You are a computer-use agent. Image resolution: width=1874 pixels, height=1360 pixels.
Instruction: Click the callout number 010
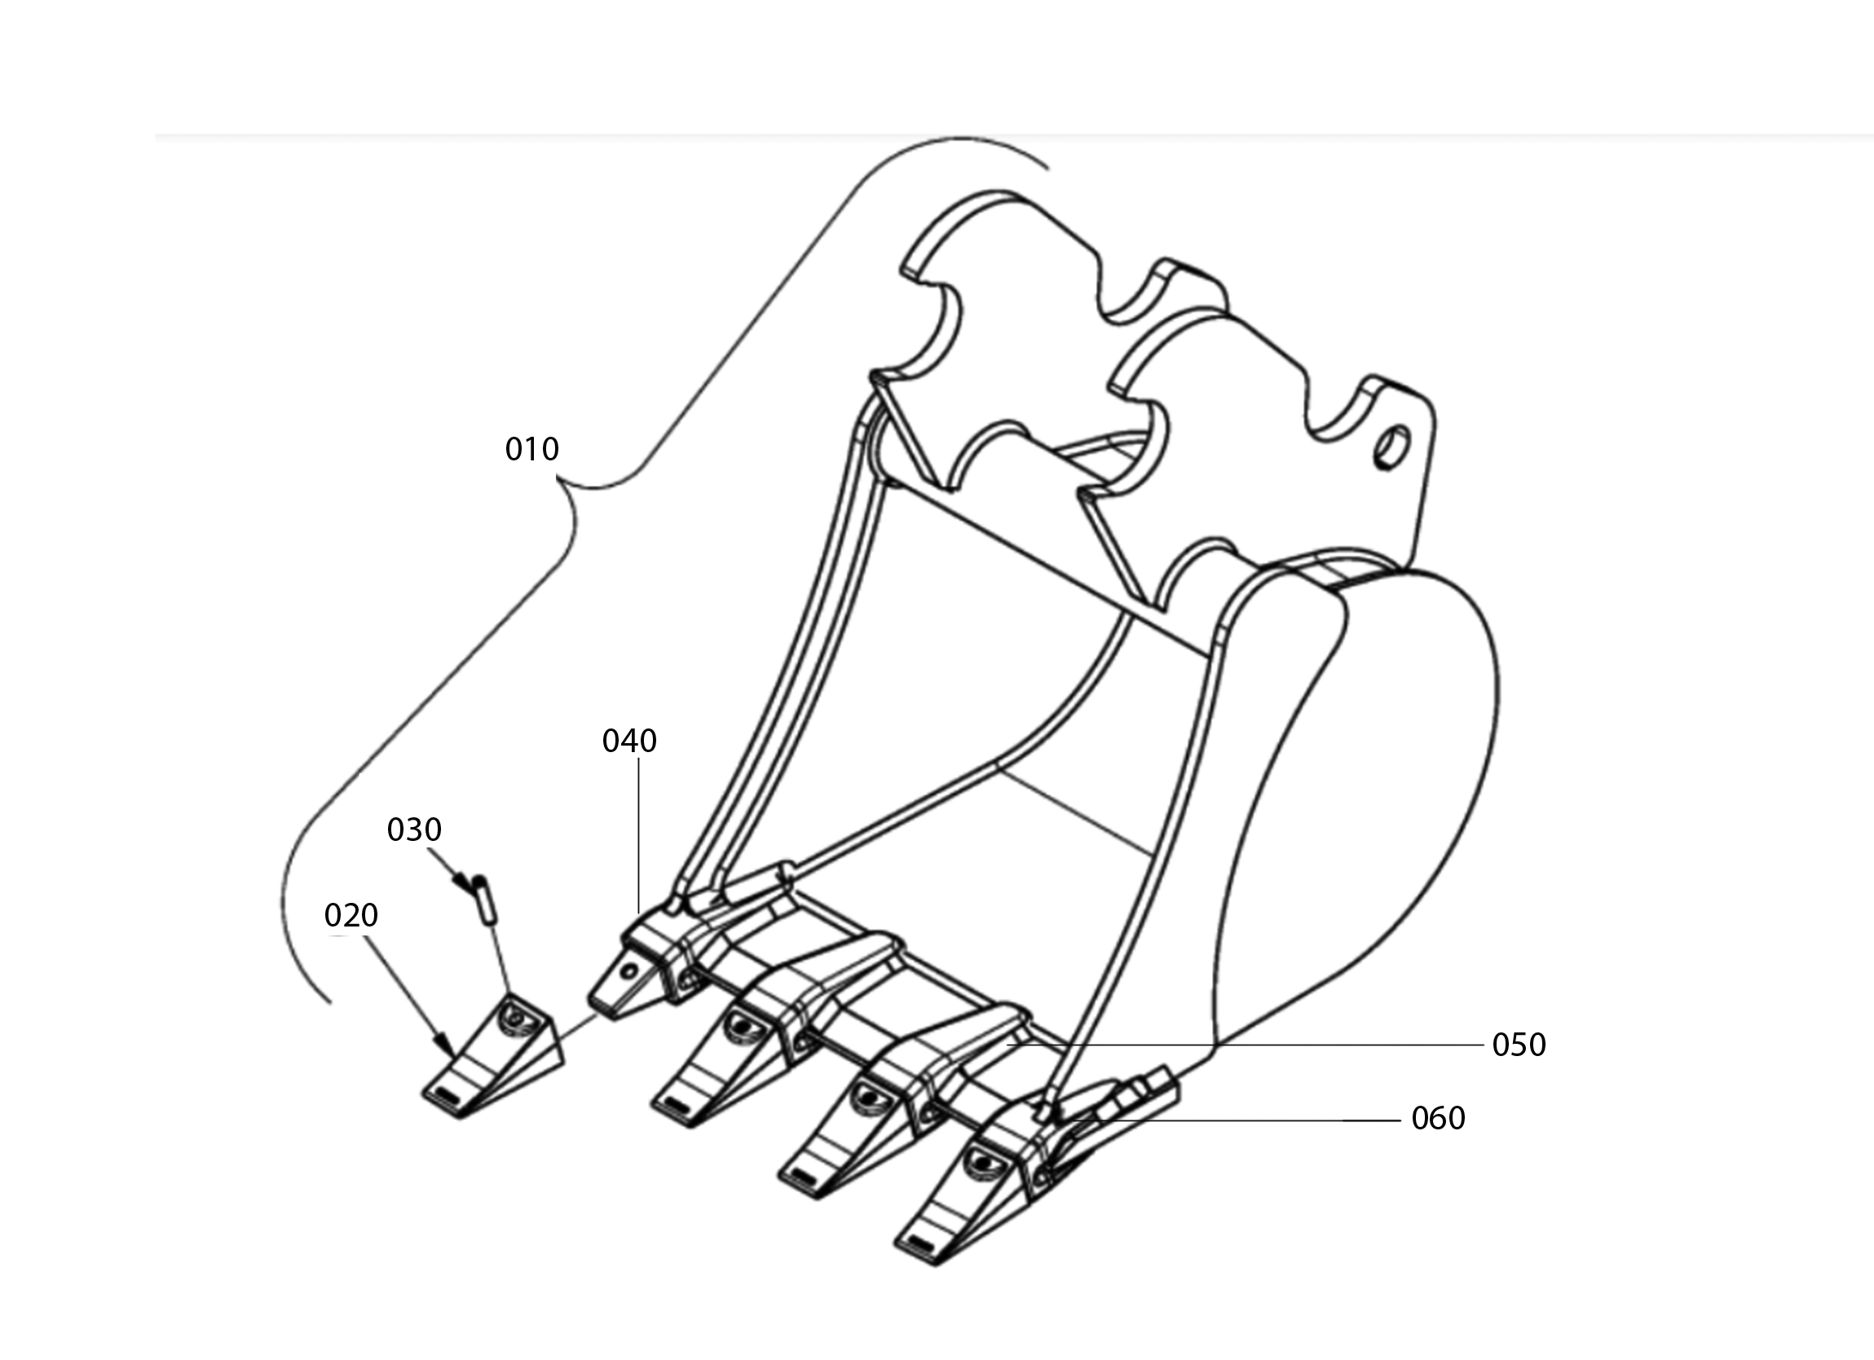coord(532,450)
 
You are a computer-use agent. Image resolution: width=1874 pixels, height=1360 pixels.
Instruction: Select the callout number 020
coord(351,915)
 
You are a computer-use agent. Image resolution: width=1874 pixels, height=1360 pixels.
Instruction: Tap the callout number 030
coord(414,830)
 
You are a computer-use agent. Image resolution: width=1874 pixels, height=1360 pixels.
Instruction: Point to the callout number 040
coord(629,742)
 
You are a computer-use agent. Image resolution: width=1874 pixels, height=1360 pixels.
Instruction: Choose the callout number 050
coord(1519,1045)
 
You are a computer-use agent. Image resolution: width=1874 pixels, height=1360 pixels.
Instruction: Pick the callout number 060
coord(1439,1118)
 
